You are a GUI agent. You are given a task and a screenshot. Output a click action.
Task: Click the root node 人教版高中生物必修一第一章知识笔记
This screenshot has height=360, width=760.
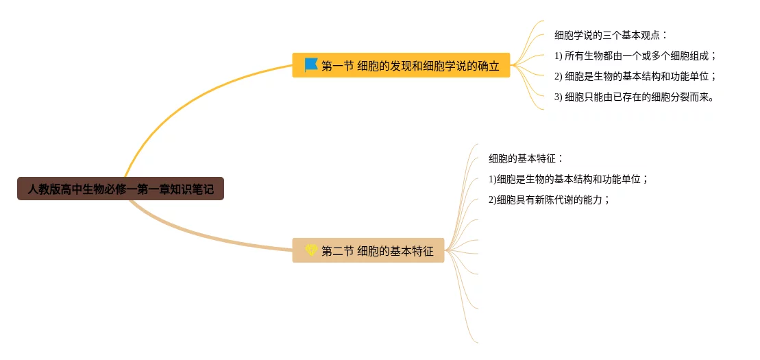click(x=121, y=189)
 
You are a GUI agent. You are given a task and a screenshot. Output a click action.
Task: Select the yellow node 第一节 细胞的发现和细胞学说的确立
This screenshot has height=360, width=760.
click(x=401, y=66)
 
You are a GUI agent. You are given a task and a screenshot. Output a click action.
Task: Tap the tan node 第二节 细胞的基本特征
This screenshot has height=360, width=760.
click(x=368, y=251)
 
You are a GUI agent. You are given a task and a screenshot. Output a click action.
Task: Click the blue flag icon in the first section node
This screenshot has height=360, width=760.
click(x=310, y=65)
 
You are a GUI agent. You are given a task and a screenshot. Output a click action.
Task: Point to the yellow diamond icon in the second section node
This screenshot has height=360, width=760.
click(x=311, y=250)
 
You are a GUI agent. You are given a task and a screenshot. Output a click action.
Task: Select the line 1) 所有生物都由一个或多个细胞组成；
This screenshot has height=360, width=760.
click(x=635, y=56)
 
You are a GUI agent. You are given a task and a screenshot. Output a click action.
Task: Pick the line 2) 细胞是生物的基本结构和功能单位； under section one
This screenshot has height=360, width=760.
click(x=635, y=76)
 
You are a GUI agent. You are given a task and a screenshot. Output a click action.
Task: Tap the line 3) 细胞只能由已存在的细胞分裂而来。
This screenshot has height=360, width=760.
click(x=635, y=97)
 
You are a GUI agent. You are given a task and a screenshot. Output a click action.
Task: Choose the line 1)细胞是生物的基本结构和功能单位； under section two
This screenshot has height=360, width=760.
click(x=568, y=179)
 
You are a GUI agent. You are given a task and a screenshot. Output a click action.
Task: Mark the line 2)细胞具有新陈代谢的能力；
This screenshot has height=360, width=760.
click(x=549, y=200)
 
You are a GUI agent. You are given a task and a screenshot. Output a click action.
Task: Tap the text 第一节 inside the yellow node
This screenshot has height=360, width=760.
click(x=337, y=66)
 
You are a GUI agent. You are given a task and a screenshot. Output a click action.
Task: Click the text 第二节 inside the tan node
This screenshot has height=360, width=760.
click(x=337, y=251)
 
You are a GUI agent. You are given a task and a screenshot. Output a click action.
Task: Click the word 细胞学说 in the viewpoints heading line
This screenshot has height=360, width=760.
click(x=576, y=35)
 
